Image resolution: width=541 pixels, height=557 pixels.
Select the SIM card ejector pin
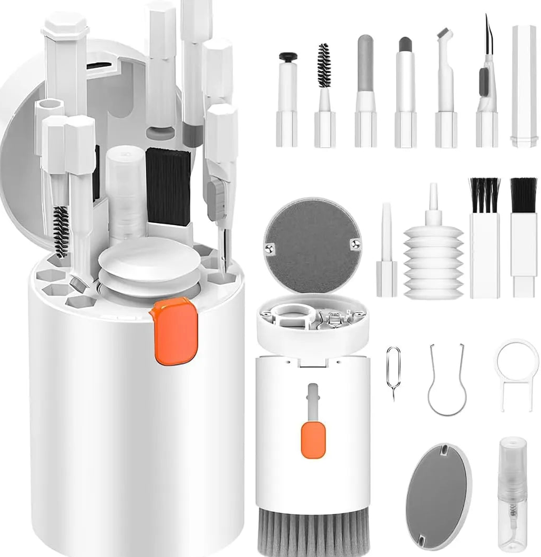click(x=393, y=371)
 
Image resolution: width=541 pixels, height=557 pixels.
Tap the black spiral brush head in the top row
click(x=324, y=65)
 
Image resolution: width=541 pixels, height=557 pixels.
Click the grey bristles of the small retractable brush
click(x=312, y=534)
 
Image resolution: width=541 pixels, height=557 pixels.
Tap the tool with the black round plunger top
click(x=287, y=100)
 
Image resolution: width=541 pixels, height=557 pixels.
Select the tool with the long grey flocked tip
click(x=365, y=64)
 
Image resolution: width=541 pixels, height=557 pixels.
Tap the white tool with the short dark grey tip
click(x=405, y=89)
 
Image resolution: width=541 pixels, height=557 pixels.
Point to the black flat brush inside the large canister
click(x=168, y=187)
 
